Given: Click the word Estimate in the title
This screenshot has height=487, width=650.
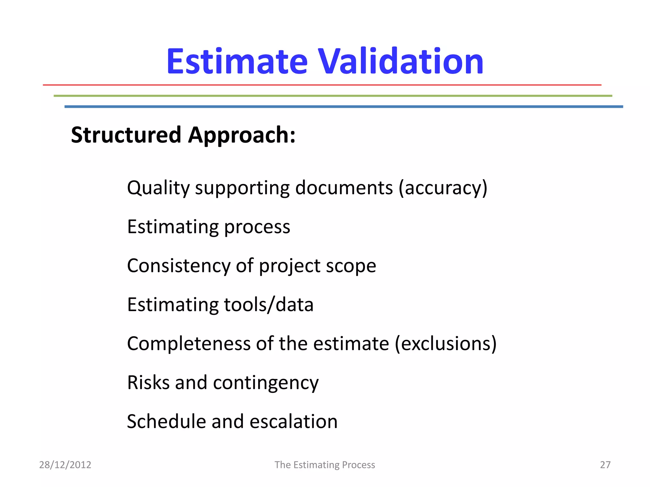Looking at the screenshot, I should pyautogui.click(x=237, y=62).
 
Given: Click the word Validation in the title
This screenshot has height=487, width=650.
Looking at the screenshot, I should pyautogui.click(x=401, y=62).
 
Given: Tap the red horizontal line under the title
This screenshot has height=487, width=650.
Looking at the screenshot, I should pyautogui.click(x=322, y=85).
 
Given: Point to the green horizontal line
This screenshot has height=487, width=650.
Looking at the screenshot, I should pyautogui.click(x=333, y=96).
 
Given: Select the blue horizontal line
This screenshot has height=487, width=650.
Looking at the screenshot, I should pyautogui.click(x=343, y=107).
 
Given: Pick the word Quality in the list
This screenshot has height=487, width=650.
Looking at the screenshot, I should pyautogui.click(x=158, y=188).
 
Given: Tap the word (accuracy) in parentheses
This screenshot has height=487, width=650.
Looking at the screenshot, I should pyautogui.click(x=443, y=188).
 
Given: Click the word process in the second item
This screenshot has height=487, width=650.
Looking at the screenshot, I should pyautogui.click(x=257, y=227).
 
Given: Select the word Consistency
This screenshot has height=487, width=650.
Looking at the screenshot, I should pyautogui.click(x=178, y=266).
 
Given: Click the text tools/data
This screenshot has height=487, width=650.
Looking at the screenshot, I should pyautogui.click(x=269, y=305).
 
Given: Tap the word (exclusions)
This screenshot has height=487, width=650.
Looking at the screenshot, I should pyautogui.click(x=446, y=344).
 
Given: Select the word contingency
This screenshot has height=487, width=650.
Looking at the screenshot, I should pyautogui.click(x=266, y=383).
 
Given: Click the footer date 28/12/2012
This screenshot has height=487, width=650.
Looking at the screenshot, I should pyautogui.click(x=65, y=465).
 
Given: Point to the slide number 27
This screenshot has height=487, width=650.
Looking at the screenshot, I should pyautogui.click(x=605, y=465).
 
